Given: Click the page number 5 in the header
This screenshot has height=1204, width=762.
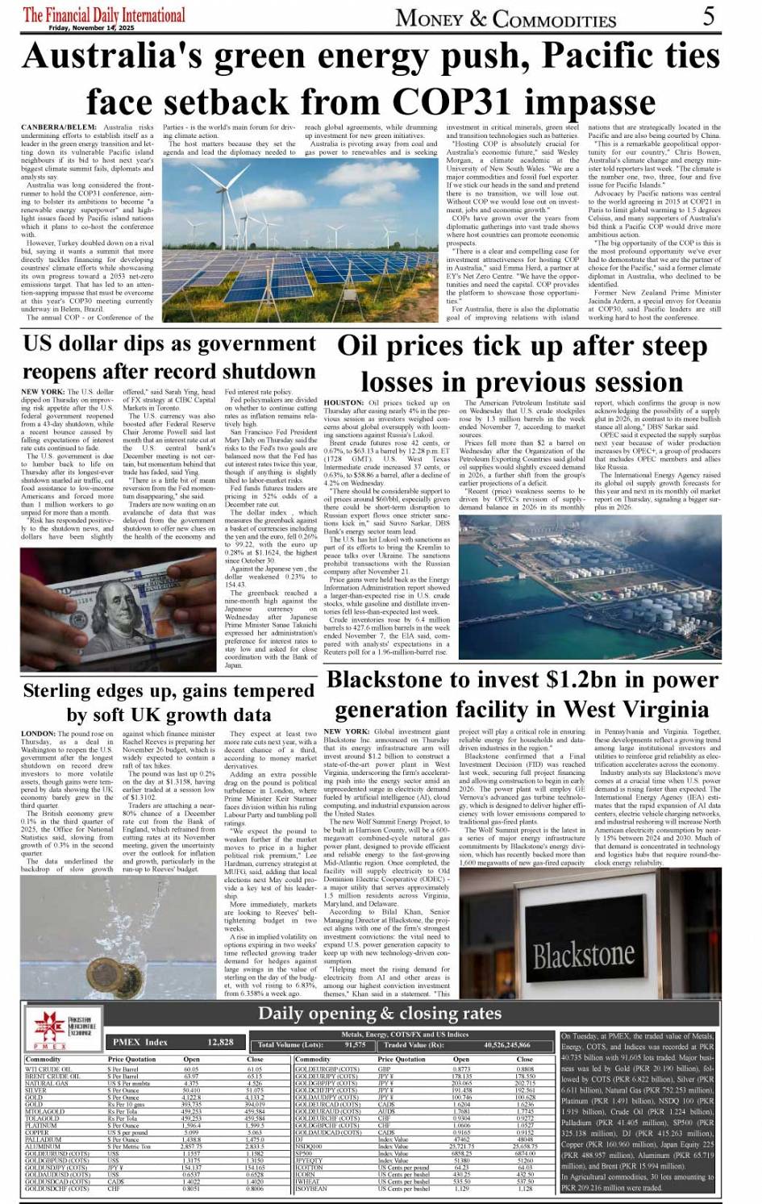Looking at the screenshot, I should (708, 16).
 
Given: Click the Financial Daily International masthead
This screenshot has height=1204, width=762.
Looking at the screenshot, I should (104, 15).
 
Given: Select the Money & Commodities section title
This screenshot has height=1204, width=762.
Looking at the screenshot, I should (506, 18).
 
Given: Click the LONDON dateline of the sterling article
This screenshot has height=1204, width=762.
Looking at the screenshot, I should (39, 735).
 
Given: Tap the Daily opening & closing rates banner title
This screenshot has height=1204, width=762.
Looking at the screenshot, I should (380, 1014).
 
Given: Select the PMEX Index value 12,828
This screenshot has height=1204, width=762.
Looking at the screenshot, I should (220, 1042).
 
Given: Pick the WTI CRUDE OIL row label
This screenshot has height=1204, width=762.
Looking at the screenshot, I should (48, 1069).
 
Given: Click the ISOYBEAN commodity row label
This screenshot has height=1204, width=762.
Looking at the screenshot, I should (312, 1188).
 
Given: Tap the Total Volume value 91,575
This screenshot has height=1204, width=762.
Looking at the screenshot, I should (355, 1045).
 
